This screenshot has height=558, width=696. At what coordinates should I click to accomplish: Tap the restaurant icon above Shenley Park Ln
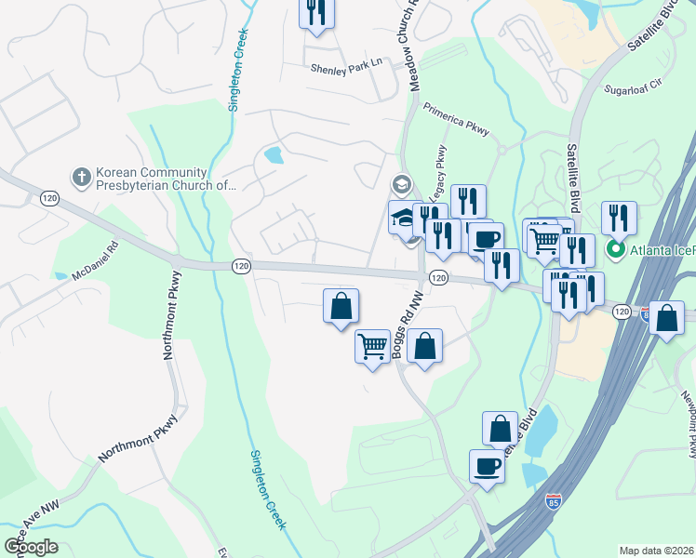click(x=316, y=12)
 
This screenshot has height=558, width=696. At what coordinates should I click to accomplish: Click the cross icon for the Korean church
click(x=81, y=176)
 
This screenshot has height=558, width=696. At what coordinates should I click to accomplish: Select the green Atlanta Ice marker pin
click(x=615, y=249)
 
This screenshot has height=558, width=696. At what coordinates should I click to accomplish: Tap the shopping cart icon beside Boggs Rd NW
click(x=373, y=346)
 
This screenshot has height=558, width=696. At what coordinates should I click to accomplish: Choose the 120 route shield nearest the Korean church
click(x=49, y=197)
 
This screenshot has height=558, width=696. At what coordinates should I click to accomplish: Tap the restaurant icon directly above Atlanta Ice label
click(x=619, y=219)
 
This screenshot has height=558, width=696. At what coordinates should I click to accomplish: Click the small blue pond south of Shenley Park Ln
click(x=274, y=154)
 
